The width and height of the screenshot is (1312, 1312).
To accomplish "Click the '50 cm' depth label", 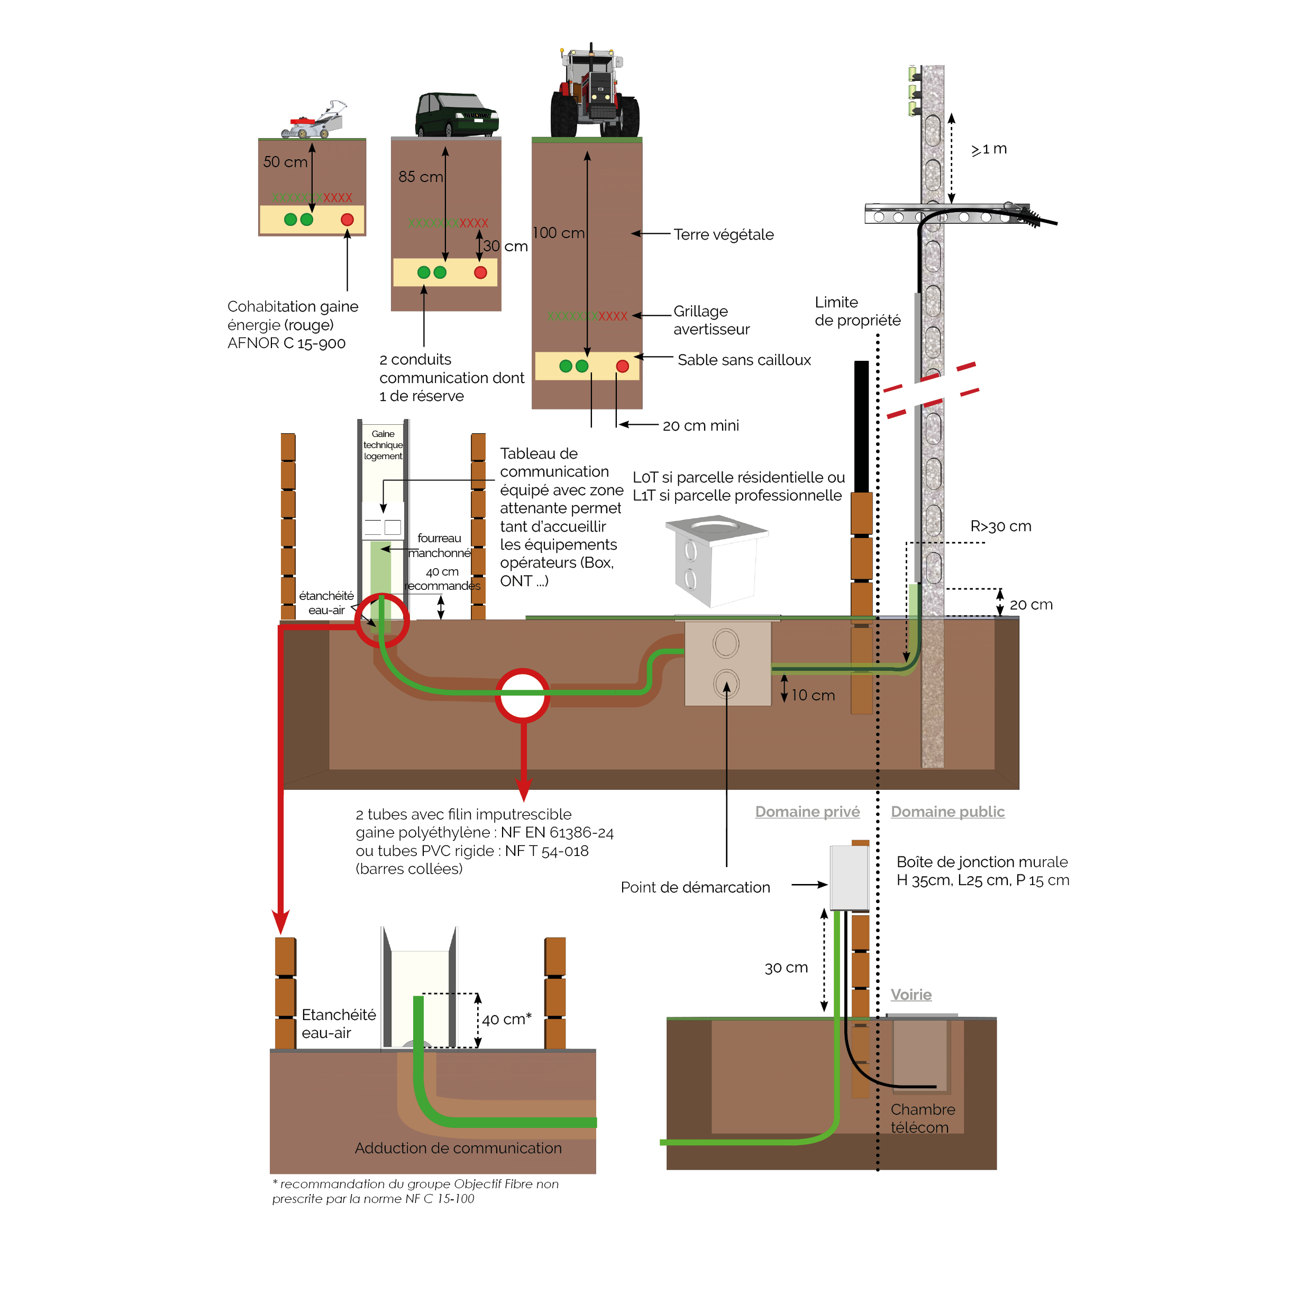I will click(x=285, y=162).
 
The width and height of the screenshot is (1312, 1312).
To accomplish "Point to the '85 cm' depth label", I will click(x=421, y=177).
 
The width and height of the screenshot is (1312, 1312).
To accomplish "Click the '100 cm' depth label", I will click(x=558, y=233).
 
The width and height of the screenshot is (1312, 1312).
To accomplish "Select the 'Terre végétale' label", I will click(x=723, y=235).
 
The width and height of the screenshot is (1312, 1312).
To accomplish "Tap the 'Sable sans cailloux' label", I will click(x=744, y=360).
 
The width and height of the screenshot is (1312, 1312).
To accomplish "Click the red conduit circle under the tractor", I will click(x=622, y=367).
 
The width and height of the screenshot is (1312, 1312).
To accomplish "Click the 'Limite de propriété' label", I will click(x=857, y=312).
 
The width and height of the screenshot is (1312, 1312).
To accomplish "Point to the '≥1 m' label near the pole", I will click(x=989, y=149).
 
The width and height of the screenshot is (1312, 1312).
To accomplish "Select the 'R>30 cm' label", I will click(x=1000, y=526).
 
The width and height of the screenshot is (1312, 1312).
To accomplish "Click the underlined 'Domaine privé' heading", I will click(x=807, y=812).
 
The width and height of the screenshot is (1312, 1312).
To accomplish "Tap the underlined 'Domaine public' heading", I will click(x=947, y=812).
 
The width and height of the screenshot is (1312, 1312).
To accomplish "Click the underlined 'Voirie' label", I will click(x=910, y=995).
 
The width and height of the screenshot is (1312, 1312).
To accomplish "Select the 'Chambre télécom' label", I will click(x=922, y=1118).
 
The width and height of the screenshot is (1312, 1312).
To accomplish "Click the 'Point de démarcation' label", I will click(x=695, y=888).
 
